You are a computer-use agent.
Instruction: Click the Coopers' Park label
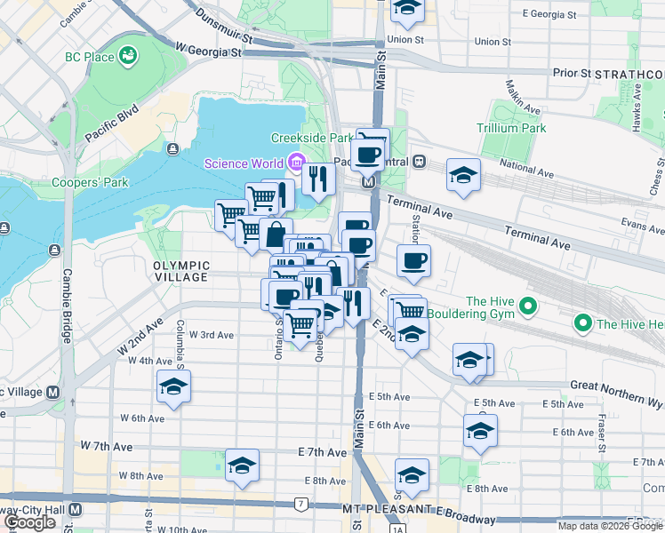[99, 182]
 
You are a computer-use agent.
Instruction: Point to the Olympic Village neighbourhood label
[180, 271]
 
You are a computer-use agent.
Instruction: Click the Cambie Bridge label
[67, 306]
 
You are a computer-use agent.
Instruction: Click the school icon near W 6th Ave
[173, 386]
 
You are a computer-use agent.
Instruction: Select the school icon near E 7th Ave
[242, 465]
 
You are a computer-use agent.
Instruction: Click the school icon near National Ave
[463, 175]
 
